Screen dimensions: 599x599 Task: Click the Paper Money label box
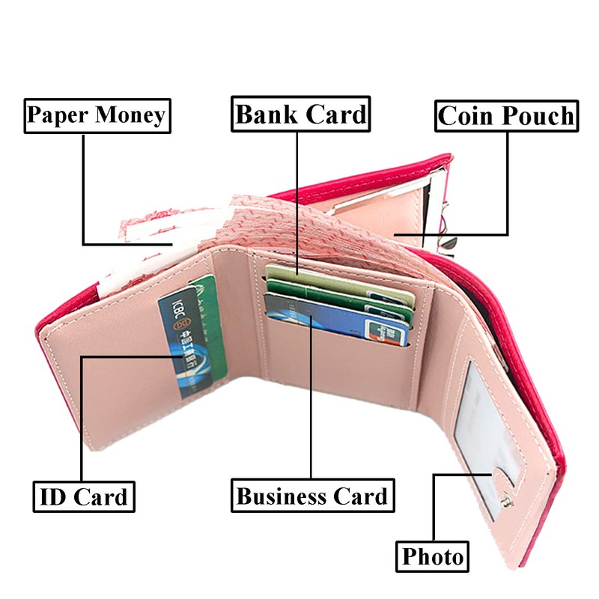96,115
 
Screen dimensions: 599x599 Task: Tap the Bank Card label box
300,115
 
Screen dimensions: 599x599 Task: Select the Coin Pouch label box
507,116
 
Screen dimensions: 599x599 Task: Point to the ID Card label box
83,496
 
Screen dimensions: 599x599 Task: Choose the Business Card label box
311,496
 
